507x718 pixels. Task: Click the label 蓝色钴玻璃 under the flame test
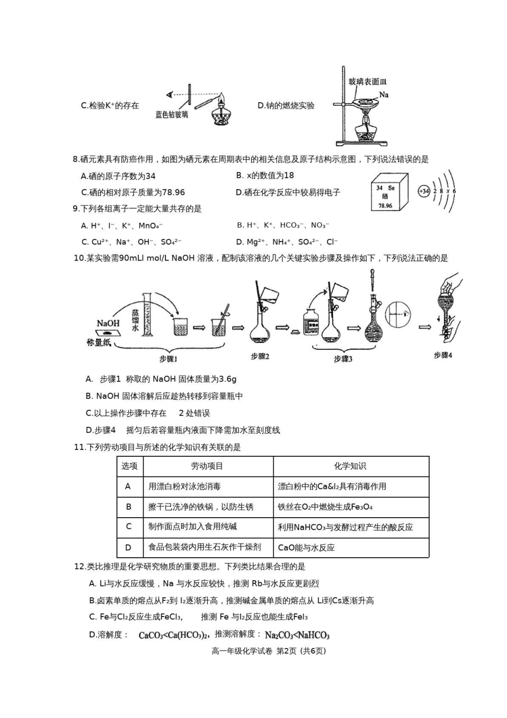click(x=172, y=114)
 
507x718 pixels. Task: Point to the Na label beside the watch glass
click(x=384, y=95)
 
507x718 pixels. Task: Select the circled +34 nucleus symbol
click(x=424, y=191)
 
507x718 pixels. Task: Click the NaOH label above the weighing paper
click(x=108, y=323)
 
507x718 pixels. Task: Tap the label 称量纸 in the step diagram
click(x=99, y=342)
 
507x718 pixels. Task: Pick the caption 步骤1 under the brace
click(x=168, y=359)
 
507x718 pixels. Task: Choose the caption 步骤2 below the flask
click(x=260, y=356)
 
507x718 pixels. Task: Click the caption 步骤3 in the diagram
click(x=343, y=359)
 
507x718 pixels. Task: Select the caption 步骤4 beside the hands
click(x=442, y=355)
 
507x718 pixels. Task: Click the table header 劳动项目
click(x=207, y=466)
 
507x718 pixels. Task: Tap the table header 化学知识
click(x=350, y=466)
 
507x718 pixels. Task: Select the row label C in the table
click(x=129, y=527)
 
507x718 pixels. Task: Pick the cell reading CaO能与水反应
click(x=306, y=548)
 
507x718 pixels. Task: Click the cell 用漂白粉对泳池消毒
click(x=185, y=487)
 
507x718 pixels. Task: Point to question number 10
click(x=79, y=259)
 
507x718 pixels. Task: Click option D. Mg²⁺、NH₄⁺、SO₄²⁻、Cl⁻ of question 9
click(x=287, y=242)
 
